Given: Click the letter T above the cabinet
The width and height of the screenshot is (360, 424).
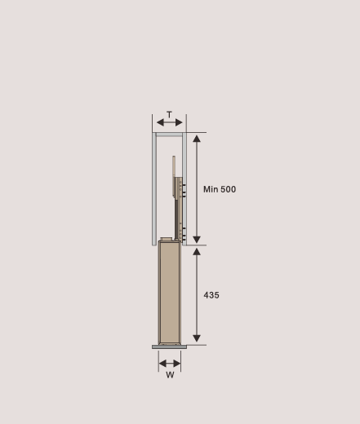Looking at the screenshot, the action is coord(169,115).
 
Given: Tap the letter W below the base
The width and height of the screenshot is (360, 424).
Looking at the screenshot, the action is coord(170,375).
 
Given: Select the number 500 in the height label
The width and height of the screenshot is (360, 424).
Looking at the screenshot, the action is coord(228,189).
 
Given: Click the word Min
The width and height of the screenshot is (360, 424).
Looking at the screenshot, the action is coord(211,189).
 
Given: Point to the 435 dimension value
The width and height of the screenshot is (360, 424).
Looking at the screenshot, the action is coord(211,295).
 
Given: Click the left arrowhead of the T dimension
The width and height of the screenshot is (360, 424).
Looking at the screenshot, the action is coord(160,122).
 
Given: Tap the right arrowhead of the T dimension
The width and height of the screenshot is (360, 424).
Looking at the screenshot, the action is coord(179,122).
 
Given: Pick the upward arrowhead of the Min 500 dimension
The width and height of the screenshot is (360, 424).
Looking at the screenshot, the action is coord(197,139).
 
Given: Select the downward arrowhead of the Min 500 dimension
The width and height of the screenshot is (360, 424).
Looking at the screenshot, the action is coord(197,240).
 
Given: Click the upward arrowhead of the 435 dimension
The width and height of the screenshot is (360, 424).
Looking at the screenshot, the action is coord(197,252).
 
